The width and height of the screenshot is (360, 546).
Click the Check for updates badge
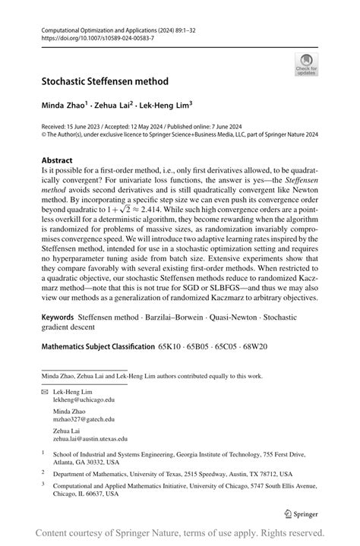pos(305,64)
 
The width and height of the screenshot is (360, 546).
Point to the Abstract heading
pos(58,160)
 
